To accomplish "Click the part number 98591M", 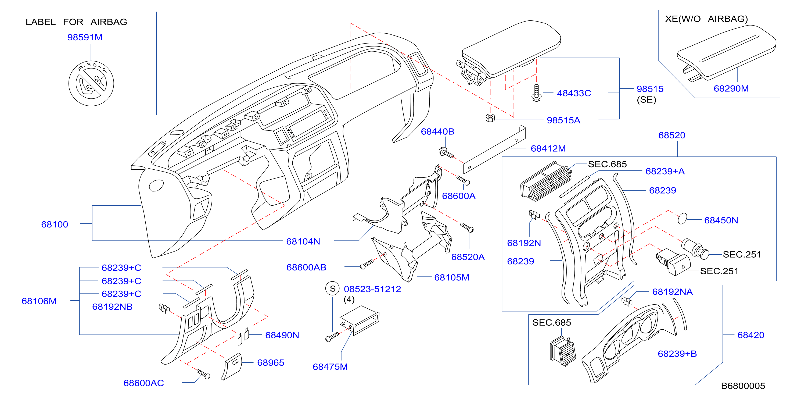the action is click(x=85, y=37).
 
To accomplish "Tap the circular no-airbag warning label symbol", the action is click(x=91, y=83).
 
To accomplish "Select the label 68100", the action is click(x=55, y=225).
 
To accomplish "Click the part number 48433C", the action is click(x=574, y=93).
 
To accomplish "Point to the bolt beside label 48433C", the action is click(x=536, y=93).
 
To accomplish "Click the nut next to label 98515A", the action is click(x=490, y=118).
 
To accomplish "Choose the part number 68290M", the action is click(x=731, y=88).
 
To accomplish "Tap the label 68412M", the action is click(x=548, y=148).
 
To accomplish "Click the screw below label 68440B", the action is click(x=446, y=152).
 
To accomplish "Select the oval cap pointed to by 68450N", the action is click(x=682, y=219).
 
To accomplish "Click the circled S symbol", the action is click(x=332, y=288).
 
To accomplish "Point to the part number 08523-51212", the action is click(x=372, y=289).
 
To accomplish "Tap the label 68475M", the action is click(x=330, y=367).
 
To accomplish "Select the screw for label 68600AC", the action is click(x=203, y=374).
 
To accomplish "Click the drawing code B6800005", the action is click(x=743, y=386).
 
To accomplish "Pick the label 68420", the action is click(x=751, y=335).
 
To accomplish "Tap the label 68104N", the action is click(x=303, y=241).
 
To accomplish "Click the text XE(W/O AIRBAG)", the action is click(x=706, y=19).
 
